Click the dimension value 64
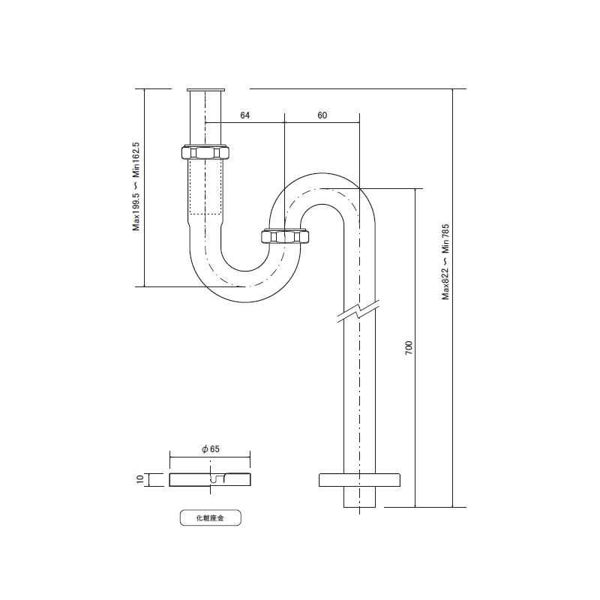(245, 115)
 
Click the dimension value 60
(322, 115)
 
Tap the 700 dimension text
(409, 347)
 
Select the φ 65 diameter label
(211, 448)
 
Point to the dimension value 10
(140, 479)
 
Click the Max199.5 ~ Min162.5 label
(136, 186)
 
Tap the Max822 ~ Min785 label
(445, 262)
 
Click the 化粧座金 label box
(211, 517)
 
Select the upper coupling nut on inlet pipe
(205, 152)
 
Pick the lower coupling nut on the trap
(285, 236)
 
